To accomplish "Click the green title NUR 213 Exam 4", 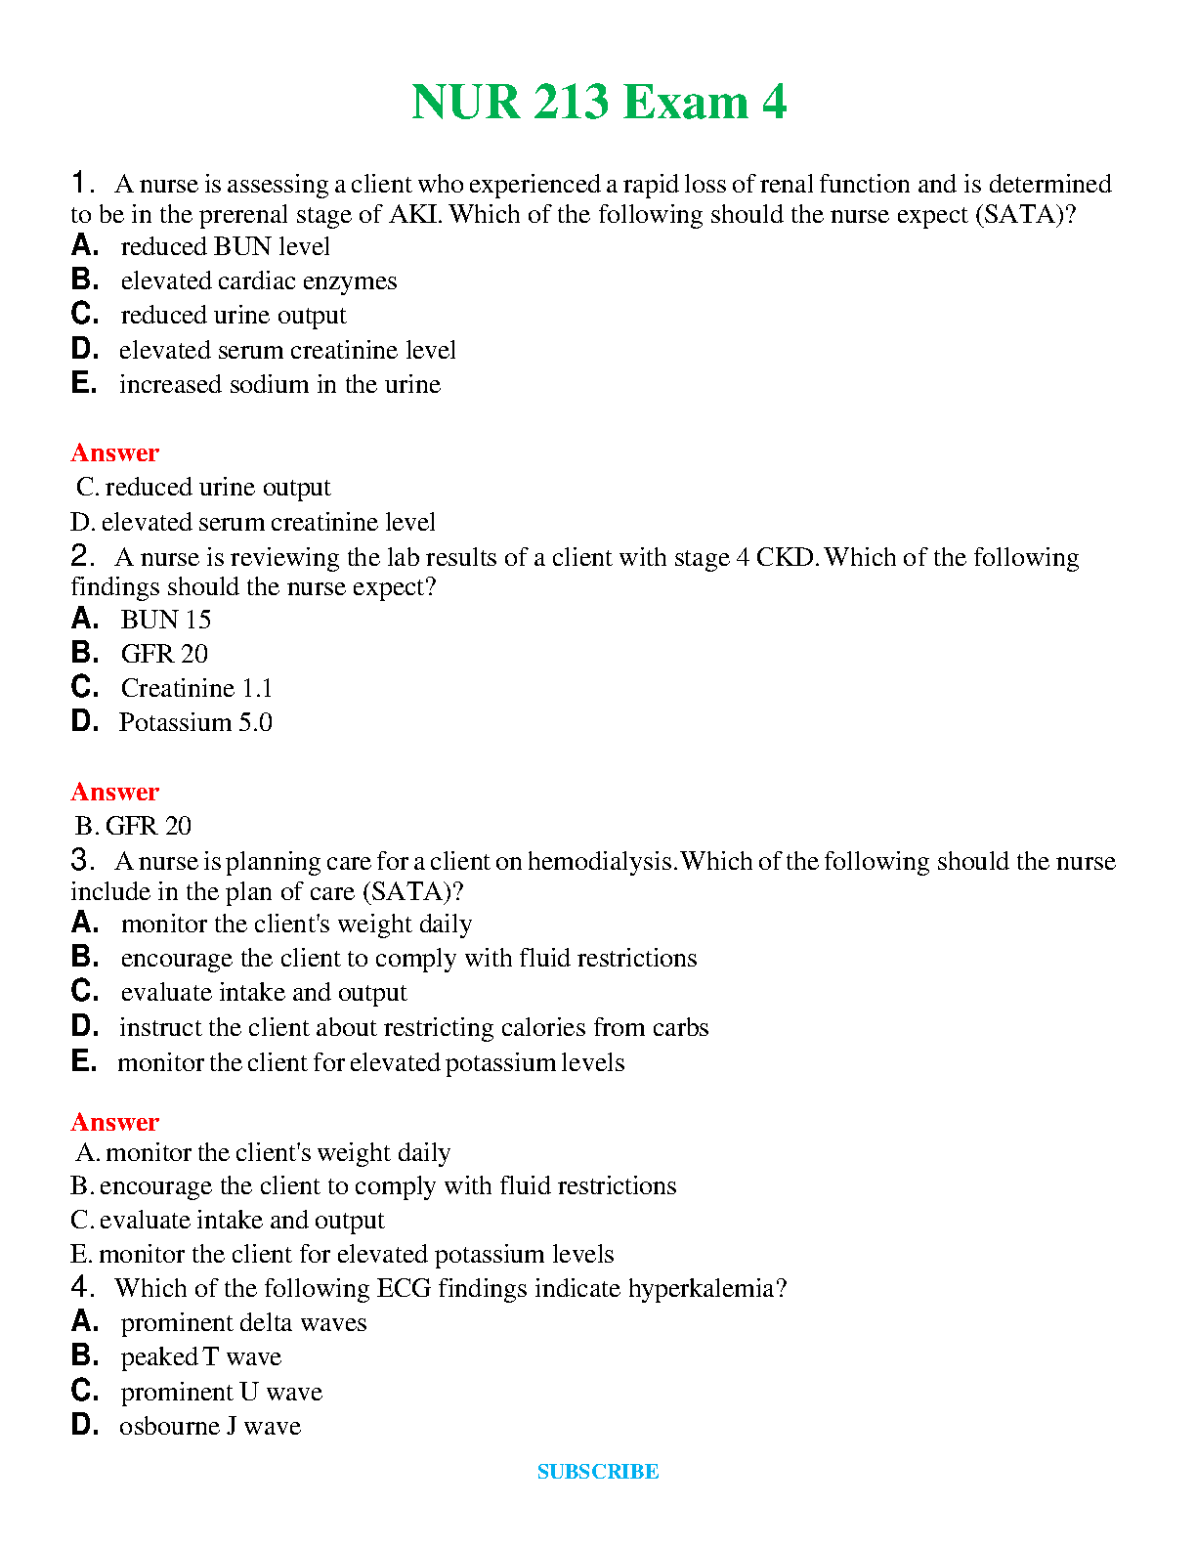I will click(598, 102).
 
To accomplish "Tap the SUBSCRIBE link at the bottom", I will click(598, 1472).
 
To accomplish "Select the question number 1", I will click(81, 183).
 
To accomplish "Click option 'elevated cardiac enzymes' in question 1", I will click(258, 281).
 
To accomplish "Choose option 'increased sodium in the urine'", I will click(279, 385).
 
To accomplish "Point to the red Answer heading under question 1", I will click(114, 452).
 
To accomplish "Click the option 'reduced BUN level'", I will click(225, 247).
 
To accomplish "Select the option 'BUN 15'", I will click(165, 620).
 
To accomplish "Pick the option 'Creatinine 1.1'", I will click(196, 689).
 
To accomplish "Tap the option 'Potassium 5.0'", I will click(195, 723).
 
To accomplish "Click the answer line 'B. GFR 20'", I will click(133, 827).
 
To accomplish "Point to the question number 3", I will click(81, 860).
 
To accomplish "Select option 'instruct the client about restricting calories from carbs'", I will click(413, 1028).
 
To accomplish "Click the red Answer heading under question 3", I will click(114, 1122).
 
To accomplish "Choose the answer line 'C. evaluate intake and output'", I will click(228, 1221).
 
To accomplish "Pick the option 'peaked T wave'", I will click(200, 1357).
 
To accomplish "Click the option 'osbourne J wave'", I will click(209, 1427).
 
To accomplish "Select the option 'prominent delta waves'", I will click(243, 1323).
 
